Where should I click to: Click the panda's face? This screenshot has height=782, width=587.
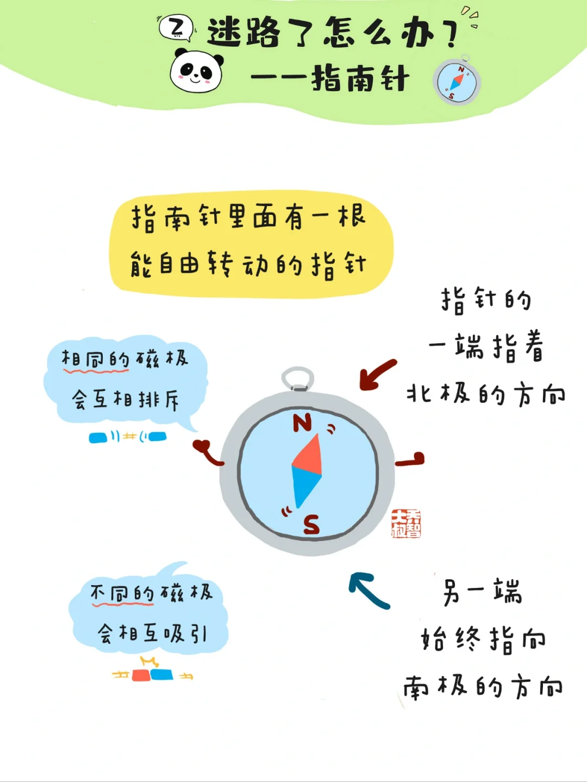click(196, 71)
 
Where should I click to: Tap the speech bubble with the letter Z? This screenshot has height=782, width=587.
click(176, 28)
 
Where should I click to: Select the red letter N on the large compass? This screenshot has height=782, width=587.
click(302, 423)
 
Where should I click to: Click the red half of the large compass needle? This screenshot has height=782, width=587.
click(308, 454)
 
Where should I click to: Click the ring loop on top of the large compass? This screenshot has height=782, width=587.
click(298, 378)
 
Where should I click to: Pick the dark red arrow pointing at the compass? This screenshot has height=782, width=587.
click(377, 375)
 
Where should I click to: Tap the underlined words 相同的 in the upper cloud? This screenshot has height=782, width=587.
click(96, 359)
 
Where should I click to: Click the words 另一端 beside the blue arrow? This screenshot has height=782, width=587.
click(483, 592)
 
